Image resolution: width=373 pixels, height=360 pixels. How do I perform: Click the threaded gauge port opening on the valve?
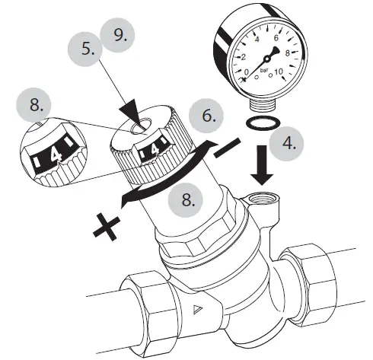(x=262, y=202)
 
